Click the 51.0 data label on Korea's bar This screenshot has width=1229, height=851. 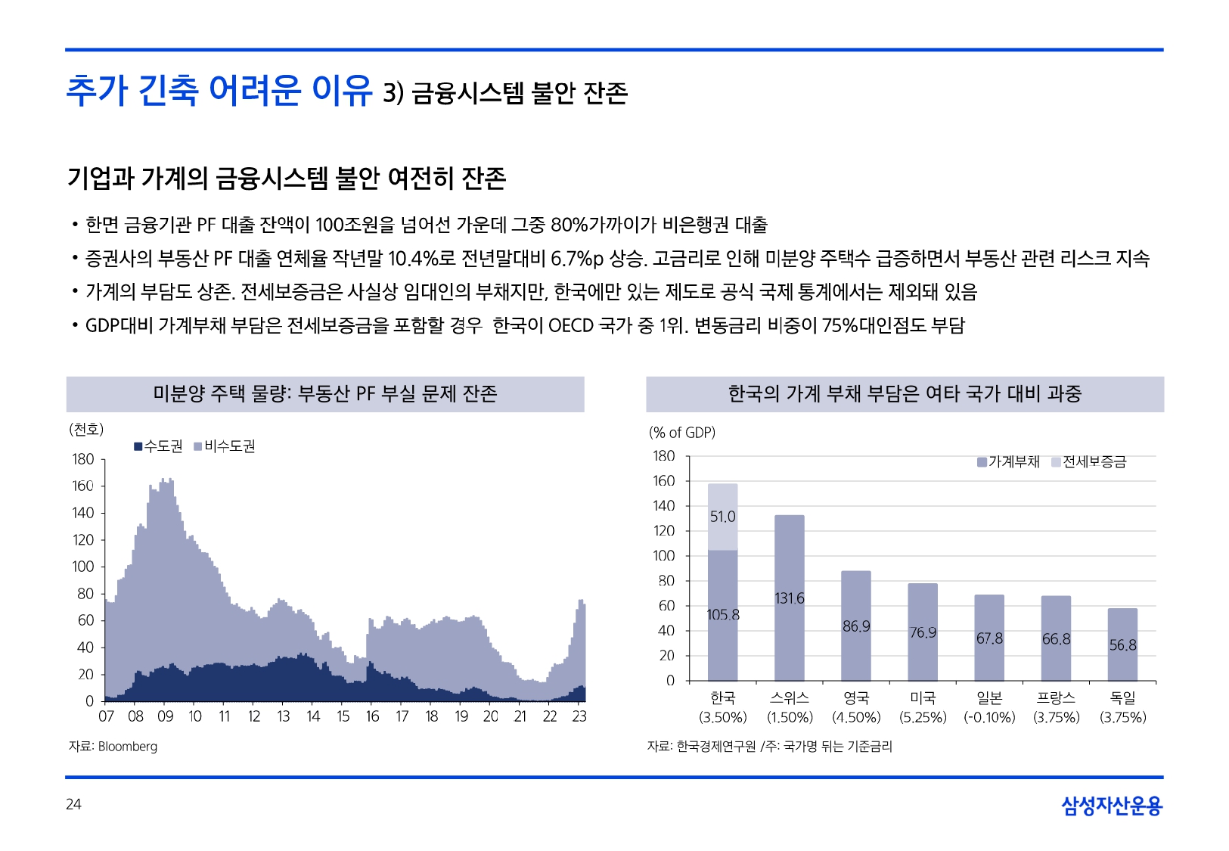tap(722, 517)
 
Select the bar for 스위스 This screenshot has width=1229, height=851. tap(789, 598)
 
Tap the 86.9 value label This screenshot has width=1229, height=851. tap(856, 626)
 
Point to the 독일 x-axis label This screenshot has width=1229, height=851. tap(1122, 697)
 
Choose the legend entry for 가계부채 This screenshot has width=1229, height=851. tap(1009, 461)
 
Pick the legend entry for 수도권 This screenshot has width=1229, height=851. tap(159, 446)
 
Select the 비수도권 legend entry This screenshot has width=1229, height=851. tap(225, 446)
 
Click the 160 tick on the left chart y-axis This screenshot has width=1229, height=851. tap(83, 486)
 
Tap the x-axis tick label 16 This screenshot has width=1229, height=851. tap(372, 716)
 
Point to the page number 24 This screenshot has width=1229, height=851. tap(73, 804)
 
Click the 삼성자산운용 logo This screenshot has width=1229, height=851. tap(1111, 806)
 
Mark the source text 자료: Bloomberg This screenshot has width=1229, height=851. tap(113, 747)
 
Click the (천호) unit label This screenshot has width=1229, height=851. tap(86, 430)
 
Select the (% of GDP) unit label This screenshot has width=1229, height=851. tap(681, 433)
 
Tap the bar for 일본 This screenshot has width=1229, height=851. tap(989, 638)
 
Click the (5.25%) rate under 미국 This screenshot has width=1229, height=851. tap(923, 717)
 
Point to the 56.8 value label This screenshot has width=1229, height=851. tap(1122, 645)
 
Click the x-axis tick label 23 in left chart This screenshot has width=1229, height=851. tap(579, 716)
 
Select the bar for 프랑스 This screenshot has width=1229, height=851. tap(1056, 638)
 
